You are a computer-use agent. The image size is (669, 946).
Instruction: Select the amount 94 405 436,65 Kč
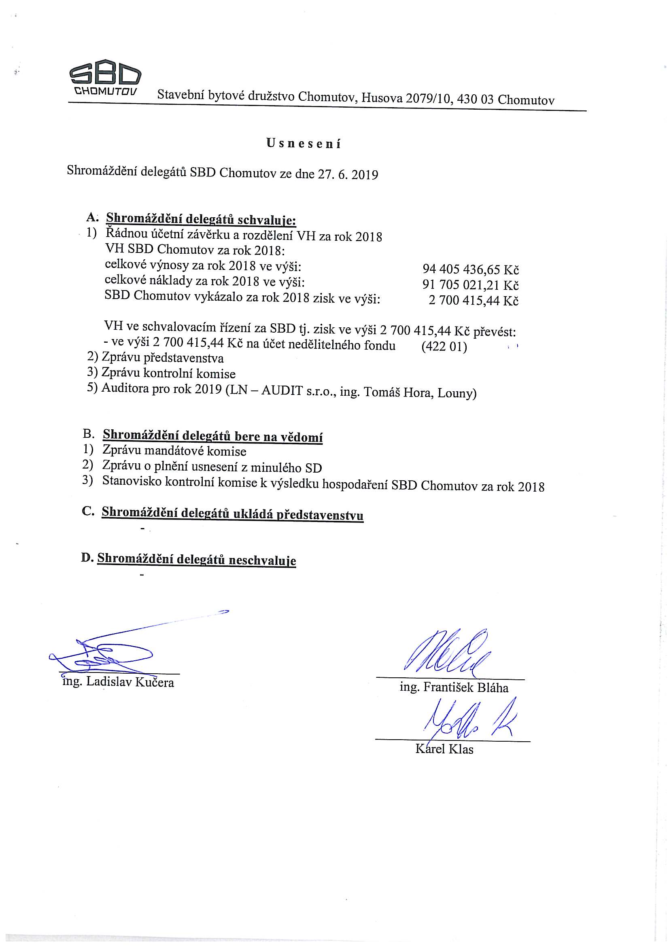[470, 270]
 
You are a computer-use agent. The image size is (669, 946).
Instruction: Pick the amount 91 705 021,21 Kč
[470, 285]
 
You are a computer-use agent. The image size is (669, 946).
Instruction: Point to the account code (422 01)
[444, 347]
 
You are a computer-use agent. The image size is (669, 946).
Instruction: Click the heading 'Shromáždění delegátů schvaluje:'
[201, 219]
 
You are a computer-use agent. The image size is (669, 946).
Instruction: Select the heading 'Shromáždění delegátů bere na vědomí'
[212, 436]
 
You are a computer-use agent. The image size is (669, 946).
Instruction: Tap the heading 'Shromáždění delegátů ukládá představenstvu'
[232, 514]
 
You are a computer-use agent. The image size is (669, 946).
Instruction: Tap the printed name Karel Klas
[444, 749]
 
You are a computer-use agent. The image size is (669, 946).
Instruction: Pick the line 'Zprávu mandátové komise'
[174, 452]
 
